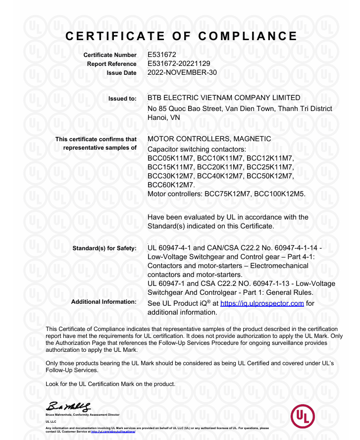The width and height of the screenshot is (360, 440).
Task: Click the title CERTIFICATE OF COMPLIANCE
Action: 181,36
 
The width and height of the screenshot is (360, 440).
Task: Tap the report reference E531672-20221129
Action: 179,63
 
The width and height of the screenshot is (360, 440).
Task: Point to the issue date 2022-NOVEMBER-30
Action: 182,72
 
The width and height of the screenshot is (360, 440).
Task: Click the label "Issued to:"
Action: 122,99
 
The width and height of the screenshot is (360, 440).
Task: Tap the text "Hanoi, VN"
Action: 164,118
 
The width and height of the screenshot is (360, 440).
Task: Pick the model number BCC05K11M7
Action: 171,158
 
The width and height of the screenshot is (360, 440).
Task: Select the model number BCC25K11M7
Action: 270,166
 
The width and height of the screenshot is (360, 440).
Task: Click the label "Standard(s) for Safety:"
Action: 104,248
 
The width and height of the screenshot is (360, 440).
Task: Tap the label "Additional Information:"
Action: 103,302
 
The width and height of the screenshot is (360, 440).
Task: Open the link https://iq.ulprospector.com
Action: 262,303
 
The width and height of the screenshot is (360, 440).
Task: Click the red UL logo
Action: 303,417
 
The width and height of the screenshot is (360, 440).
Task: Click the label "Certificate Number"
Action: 109,55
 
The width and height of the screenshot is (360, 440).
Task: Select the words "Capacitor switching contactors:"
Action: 197,149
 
